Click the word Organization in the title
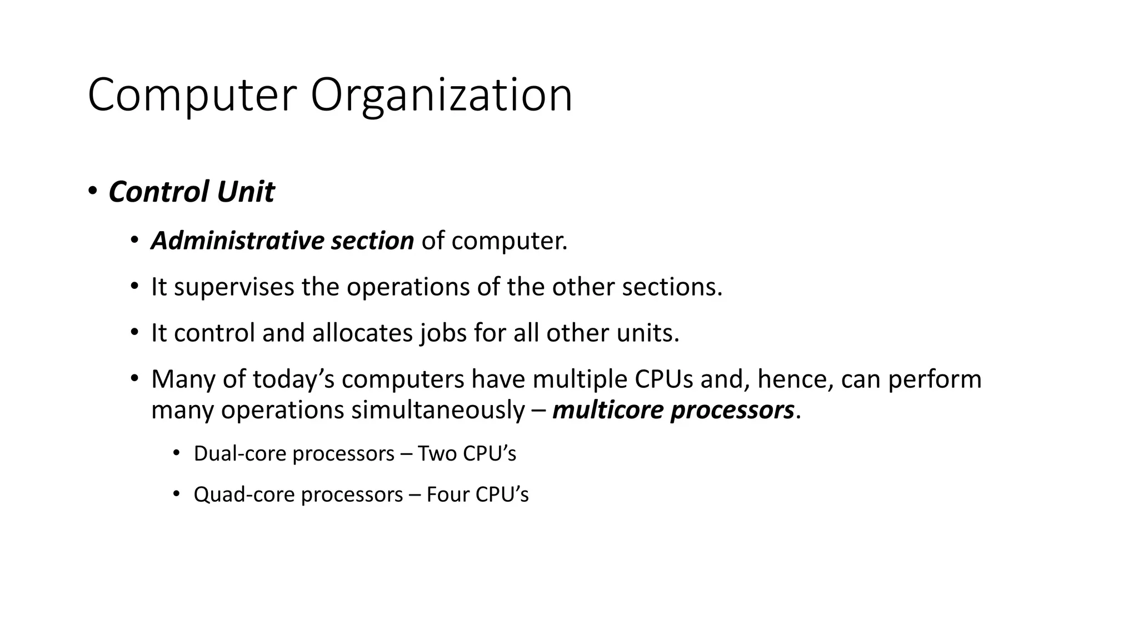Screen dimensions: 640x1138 point(441,96)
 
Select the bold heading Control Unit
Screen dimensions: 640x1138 point(191,192)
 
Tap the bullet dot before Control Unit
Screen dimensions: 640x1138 point(92,191)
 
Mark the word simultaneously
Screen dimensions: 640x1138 point(438,410)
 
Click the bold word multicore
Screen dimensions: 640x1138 point(608,410)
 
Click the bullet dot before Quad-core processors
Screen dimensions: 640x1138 point(176,493)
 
